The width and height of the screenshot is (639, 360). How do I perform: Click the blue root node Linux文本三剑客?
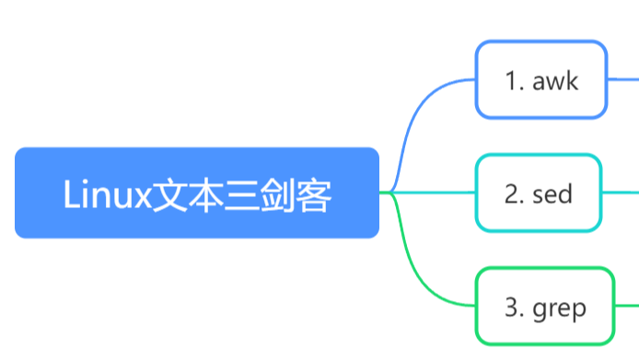[x=197, y=193]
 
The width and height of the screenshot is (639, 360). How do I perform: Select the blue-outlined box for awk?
[x=541, y=79]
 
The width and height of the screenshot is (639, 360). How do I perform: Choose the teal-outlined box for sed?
[x=539, y=192]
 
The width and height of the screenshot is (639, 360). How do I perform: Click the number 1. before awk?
[x=515, y=80]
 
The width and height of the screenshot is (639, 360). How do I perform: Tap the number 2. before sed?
[x=515, y=193]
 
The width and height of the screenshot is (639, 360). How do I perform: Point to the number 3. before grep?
[x=515, y=307]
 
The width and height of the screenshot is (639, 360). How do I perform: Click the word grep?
[x=559, y=308]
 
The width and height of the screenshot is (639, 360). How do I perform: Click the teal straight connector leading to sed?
[x=433, y=192]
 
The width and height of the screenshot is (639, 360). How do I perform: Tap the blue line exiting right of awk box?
[x=624, y=79]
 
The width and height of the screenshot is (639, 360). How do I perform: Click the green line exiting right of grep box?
[x=627, y=306]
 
